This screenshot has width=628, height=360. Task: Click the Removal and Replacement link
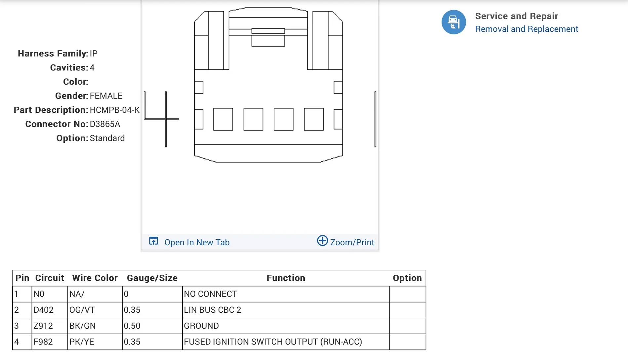click(527, 29)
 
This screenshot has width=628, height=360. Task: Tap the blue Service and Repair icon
click(453, 22)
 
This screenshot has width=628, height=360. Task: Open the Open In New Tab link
click(197, 242)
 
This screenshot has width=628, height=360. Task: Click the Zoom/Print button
click(345, 242)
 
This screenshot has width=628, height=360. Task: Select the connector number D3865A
click(105, 124)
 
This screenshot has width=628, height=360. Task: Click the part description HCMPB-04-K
click(114, 110)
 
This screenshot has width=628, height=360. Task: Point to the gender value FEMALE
click(106, 96)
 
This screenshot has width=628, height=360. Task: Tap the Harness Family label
click(53, 54)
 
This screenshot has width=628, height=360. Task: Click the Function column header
click(286, 278)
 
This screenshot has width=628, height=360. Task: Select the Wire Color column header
click(95, 278)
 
